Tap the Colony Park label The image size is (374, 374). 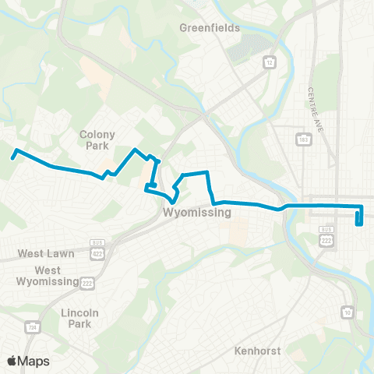pos(97,139)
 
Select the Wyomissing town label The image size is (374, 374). pos(198,212)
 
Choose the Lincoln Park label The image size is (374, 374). pos(80,318)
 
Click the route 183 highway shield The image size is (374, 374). pos(303,139)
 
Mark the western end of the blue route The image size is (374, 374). pos(12,157)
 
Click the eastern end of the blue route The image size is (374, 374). pos(358,224)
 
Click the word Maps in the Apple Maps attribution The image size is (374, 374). pos(34,362)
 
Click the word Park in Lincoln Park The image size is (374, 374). pos(80,323)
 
